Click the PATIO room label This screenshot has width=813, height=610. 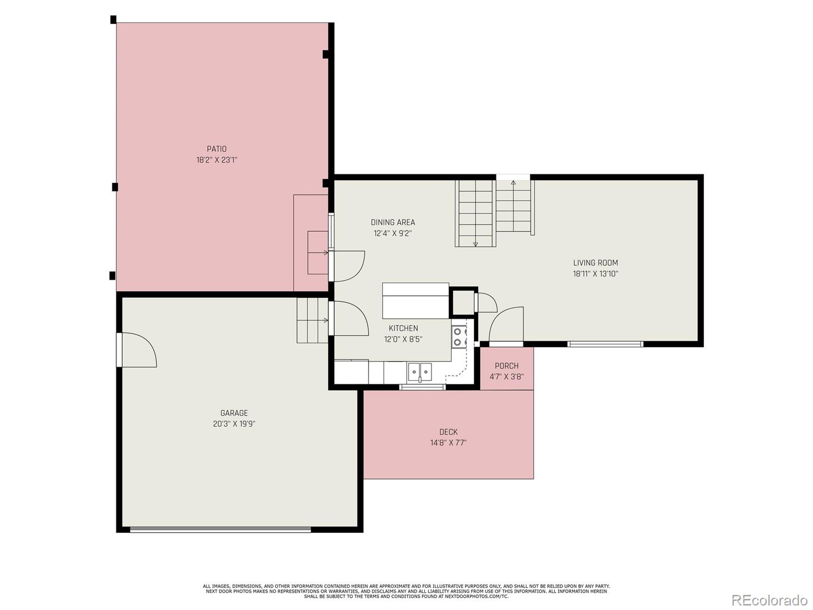pos(217,149)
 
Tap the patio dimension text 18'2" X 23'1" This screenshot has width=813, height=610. pos(217,160)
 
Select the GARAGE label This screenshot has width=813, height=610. pos(234,413)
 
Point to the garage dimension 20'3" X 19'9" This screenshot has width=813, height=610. pos(234,424)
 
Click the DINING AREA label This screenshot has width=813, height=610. pos(393,222)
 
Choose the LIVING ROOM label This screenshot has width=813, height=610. pos(596,262)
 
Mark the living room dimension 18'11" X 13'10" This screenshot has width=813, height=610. pos(596,274)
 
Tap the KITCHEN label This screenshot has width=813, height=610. pos(403,328)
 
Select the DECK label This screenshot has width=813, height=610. pos(448,432)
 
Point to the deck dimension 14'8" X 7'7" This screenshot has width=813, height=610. pos(448,443)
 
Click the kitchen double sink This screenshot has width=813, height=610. pos(420,372)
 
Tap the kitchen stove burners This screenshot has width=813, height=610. pos(460,337)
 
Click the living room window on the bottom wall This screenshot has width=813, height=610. pos(605,344)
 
